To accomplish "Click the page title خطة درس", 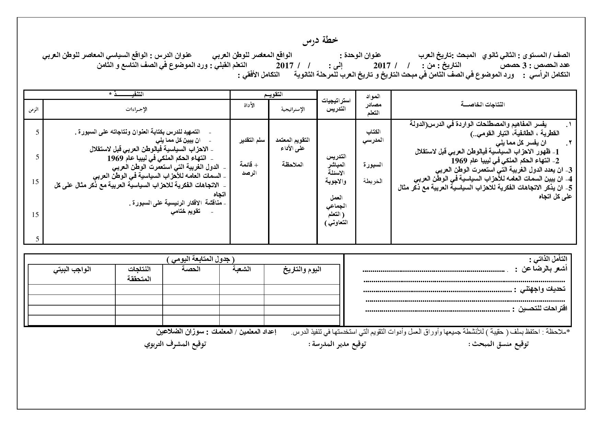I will click(320, 41).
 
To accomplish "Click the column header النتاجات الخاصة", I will click(483, 104).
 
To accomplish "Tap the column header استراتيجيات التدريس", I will click(336, 104).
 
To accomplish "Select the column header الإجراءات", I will click(136, 109).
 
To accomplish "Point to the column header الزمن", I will click(34, 109).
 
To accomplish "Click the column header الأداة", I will click(249, 105).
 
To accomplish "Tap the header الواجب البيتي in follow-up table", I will click(72, 269).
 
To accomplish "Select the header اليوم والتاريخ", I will click(302, 269).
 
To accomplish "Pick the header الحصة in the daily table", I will click(191, 269).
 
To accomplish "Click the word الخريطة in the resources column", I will click(373, 181).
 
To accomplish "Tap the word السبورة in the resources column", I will click(373, 164).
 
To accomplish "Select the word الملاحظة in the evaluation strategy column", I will click(293, 164).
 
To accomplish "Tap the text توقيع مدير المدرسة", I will click(338, 344).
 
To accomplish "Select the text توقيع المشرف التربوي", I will click(175, 344).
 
